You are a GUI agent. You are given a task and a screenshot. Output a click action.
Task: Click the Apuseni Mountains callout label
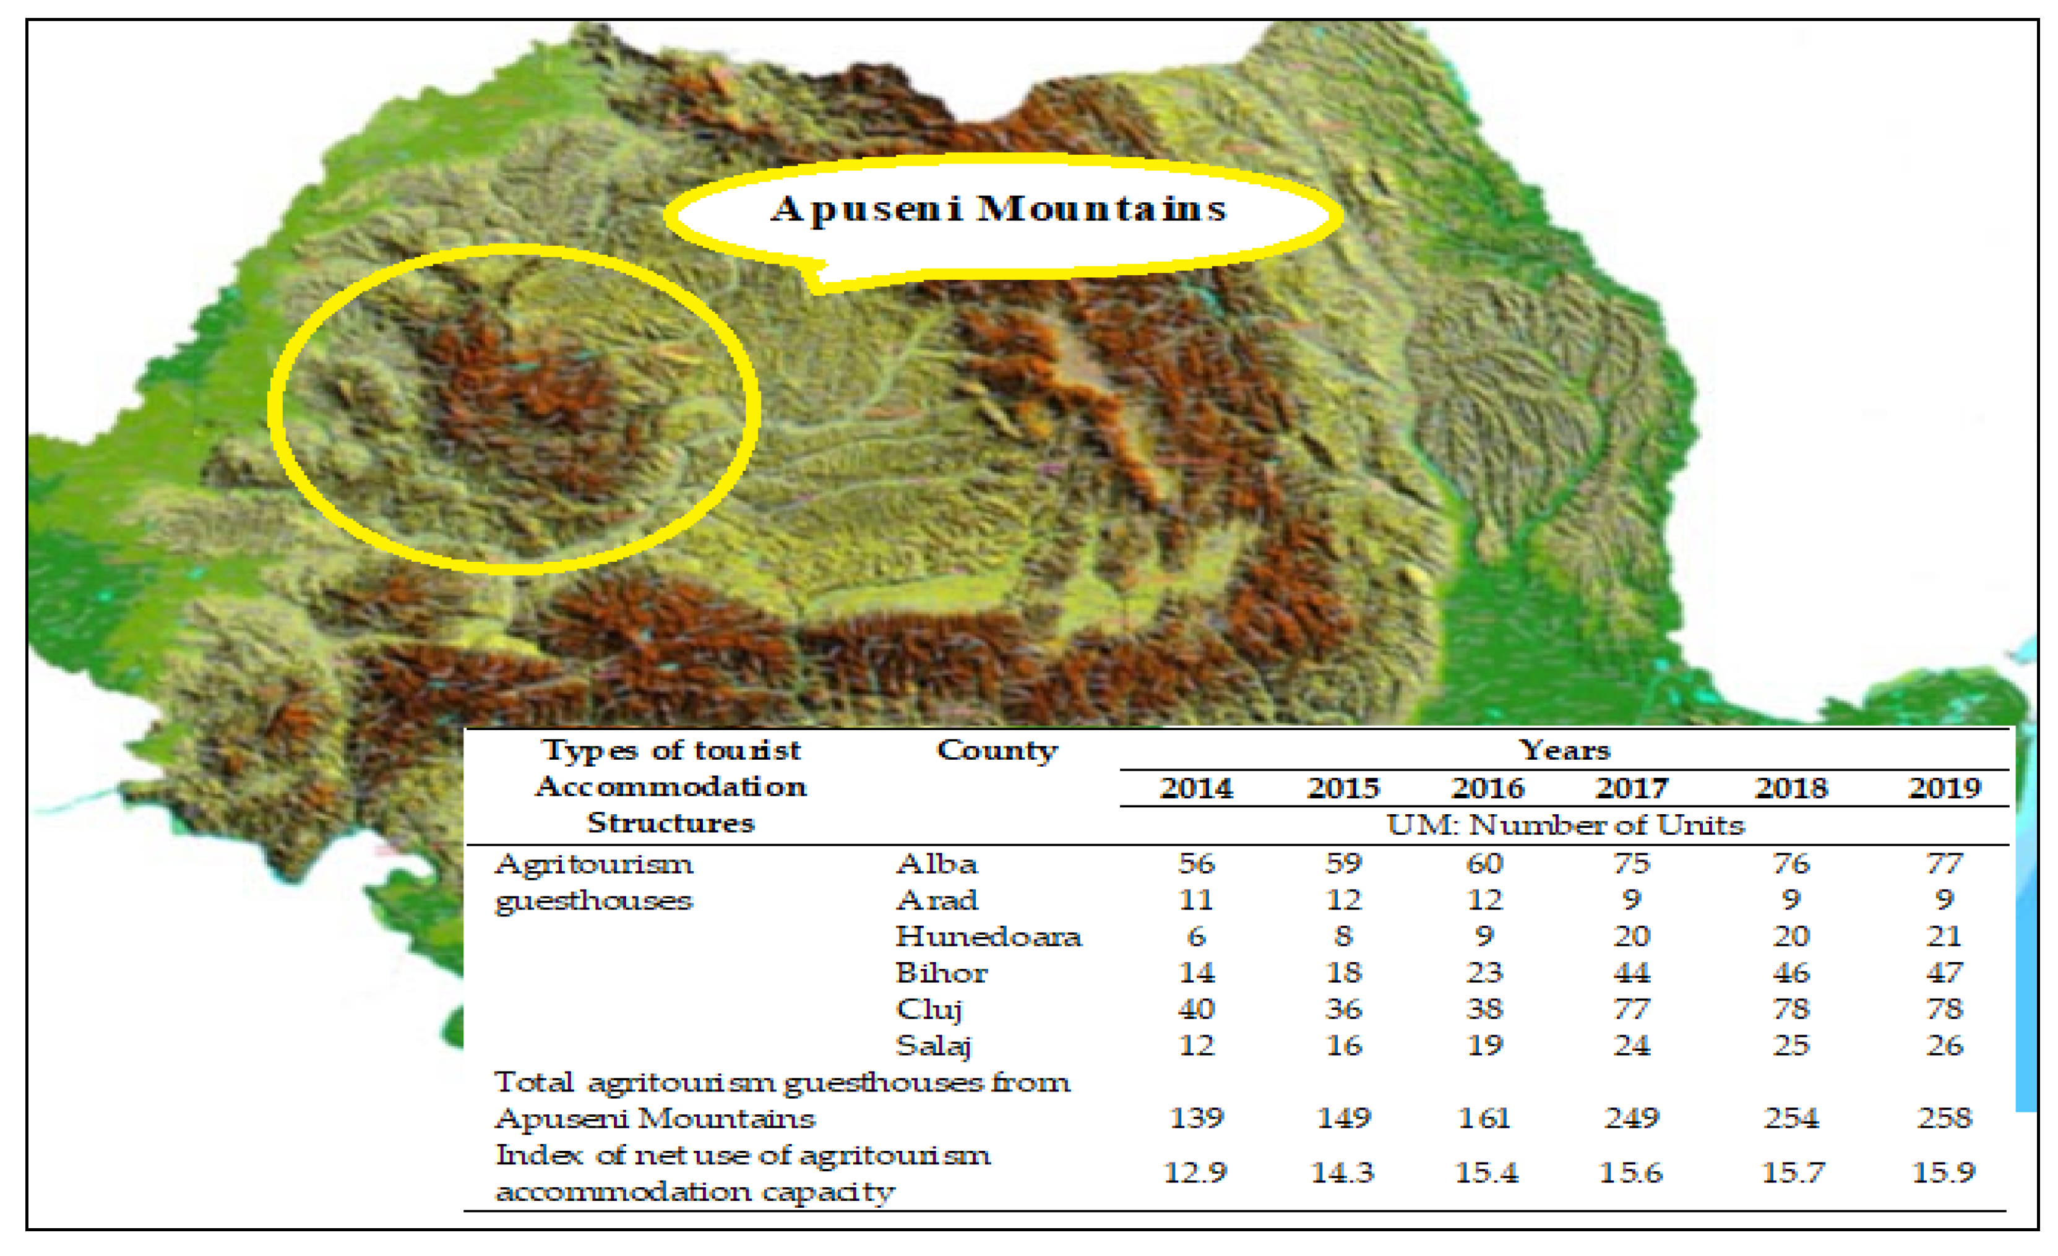click(x=998, y=209)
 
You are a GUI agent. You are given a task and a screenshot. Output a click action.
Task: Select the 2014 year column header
click(x=1196, y=788)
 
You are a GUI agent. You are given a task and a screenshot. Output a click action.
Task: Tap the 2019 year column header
click(x=1944, y=788)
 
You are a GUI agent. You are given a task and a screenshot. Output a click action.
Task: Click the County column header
click(x=997, y=751)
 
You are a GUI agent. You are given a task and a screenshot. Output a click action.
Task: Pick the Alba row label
click(x=936, y=864)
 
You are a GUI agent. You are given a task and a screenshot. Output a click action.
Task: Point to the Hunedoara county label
click(x=988, y=936)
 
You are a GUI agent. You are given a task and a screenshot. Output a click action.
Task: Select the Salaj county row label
click(x=934, y=1046)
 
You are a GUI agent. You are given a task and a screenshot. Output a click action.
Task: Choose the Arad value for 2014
click(x=1196, y=900)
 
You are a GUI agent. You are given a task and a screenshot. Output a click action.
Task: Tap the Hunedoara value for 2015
click(x=1343, y=936)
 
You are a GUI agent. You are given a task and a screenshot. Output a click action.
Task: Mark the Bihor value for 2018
click(x=1791, y=973)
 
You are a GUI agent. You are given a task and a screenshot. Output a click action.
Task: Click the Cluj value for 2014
click(x=1196, y=1009)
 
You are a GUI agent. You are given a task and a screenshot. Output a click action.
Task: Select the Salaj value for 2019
click(x=1944, y=1046)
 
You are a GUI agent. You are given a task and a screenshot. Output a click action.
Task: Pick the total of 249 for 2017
click(x=1631, y=1118)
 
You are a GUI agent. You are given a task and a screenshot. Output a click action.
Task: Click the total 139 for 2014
click(x=1196, y=1118)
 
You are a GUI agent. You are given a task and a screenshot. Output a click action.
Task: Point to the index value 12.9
click(x=1195, y=1173)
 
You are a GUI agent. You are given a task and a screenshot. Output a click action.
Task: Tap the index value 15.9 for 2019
click(x=1944, y=1173)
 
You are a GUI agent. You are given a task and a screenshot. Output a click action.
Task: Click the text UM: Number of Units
click(x=1565, y=825)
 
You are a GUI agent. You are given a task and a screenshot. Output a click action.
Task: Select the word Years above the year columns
click(x=1564, y=750)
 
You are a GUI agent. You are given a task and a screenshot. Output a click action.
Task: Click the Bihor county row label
click(x=941, y=973)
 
